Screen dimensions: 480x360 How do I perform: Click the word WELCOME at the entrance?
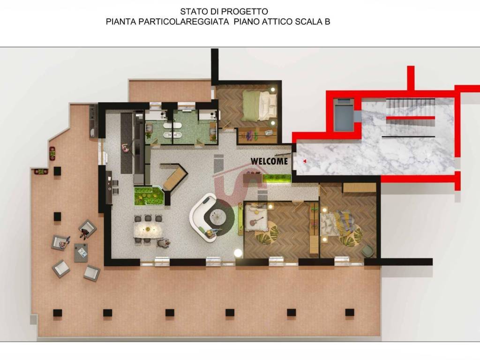[x=269, y=161]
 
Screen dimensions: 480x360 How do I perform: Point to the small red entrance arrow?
[x=305, y=161]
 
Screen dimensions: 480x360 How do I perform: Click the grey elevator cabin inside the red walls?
[x=344, y=114]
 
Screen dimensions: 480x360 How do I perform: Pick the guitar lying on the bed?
[x=256, y=221]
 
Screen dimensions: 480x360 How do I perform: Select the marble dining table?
[x=148, y=229]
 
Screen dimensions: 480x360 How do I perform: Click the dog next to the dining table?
[x=164, y=243]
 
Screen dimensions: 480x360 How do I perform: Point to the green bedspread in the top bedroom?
[x=252, y=105]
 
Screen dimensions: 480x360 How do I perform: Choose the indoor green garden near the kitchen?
[x=149, y=196]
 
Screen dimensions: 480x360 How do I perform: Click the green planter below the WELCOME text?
[x=277, y=178]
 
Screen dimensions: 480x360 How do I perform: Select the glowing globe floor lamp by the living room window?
[x=238, y=253]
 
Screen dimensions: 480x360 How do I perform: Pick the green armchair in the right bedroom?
[x=367, y=251]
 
